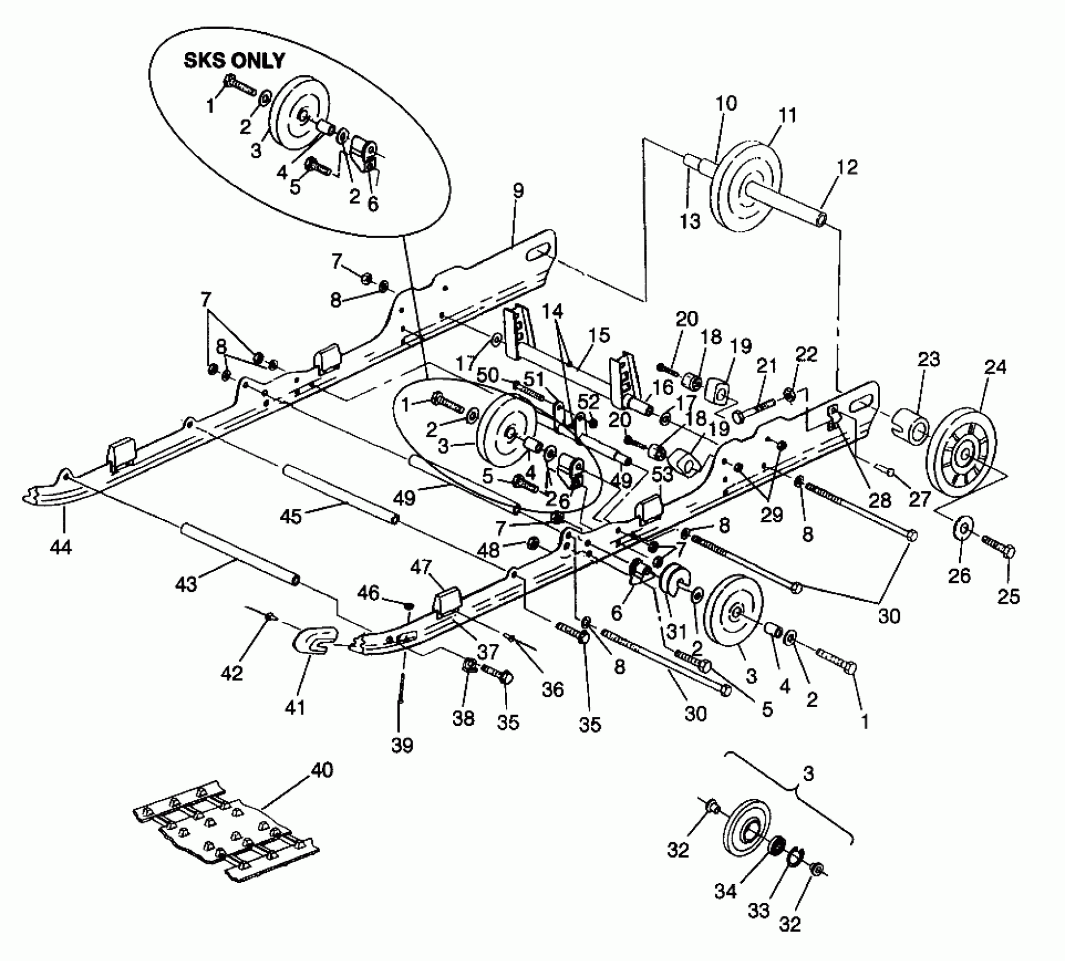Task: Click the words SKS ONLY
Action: click(x=234, y=61)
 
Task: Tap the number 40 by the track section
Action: click(x=322, y=770)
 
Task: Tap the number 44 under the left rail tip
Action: click(x=60, y=547)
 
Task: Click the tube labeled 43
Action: click(x=240, y=555)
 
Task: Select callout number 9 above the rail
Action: click(x=518, y=191)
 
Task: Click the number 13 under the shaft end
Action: click(x=690, y=220)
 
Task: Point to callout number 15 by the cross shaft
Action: click(x=599, y=335)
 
